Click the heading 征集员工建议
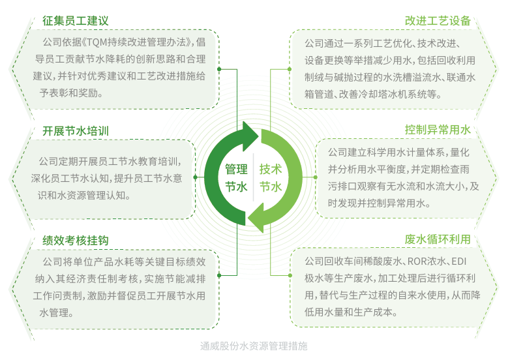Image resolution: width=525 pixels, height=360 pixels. pyautogui.click(x=76, y=21)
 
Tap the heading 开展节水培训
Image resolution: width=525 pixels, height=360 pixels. pyautogui.click(x=76, y=130)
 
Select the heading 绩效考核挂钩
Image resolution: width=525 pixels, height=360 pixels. pyautogui.click(x=76, y=241)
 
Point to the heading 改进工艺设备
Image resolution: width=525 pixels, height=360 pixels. pyautogui.click(x=438, y=20)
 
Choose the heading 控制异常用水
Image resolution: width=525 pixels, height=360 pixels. pyautogui.click(x=438, y=129)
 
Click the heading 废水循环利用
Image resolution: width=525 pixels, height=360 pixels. pyautogui.click(x=438, y=239)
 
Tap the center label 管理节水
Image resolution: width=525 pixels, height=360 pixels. pyautogui.click(x=236, y=178)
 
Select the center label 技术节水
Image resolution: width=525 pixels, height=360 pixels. pyautogui.click(x=271, y=178)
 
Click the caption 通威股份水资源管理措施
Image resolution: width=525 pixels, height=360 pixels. pyautogui.click(x=254, y=346)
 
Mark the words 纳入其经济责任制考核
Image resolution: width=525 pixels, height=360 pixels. pyautogui.click(x=87, y=279)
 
